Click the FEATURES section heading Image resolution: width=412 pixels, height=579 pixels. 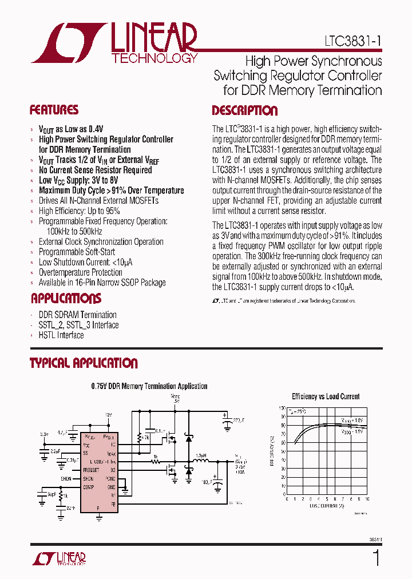[54, 110]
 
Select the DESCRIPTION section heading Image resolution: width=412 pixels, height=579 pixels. [244, 110]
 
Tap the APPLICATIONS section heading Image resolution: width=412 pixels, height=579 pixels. [66, 298]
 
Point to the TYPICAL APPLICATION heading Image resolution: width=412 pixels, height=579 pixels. [84, 363]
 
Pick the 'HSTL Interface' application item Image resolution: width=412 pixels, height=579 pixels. [61, 335]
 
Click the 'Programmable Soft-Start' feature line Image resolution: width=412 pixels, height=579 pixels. [77, 252]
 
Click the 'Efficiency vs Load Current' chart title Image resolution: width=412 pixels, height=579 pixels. [326, 396]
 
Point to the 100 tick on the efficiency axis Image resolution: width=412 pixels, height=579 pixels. [282, 409]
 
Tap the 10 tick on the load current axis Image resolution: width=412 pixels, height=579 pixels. [366, 499]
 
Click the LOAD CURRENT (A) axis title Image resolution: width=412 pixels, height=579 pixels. [327, 505]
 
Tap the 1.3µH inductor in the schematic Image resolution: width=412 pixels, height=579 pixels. [200, 457]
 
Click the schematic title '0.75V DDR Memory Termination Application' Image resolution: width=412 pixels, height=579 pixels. [149, 386]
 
